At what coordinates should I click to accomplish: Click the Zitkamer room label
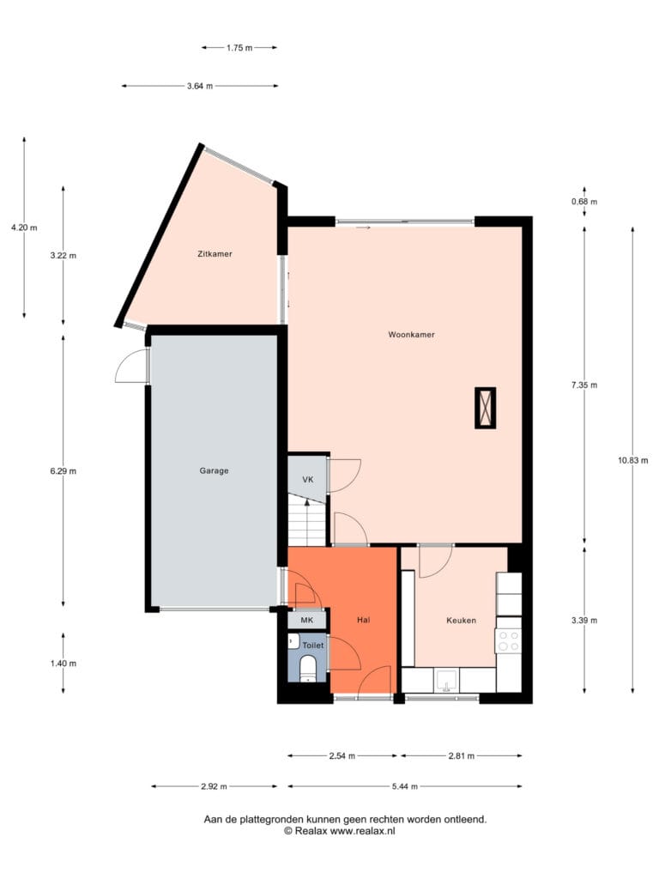(x=215, y=254)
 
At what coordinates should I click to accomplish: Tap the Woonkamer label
(x=411, y=335)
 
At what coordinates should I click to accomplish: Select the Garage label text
(x=214, y=471)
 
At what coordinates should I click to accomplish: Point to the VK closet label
(x=308, y=480)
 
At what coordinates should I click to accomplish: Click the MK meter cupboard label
(x=306, y=620)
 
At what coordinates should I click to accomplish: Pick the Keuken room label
(x=461, y=621)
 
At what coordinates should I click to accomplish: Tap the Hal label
(x=364, y=620)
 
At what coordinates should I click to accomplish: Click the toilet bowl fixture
(x=308, y=668)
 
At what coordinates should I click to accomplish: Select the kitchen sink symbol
(x=446, y=680)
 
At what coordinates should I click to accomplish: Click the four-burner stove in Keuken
(x=508, y=641)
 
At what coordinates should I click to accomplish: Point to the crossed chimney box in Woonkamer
(x=486, y=408)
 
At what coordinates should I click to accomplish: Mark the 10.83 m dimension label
(x=633, y=460)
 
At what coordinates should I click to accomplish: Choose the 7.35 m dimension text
(x=584, y=385)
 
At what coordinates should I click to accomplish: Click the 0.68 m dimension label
(x=584, y=202)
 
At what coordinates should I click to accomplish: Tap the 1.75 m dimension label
(x=239, y=48)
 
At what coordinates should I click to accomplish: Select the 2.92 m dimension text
(x=214, y=786)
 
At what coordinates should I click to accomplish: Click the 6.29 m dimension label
(x=63, y=471)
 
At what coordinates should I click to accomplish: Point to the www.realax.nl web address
(x=362, y=831)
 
